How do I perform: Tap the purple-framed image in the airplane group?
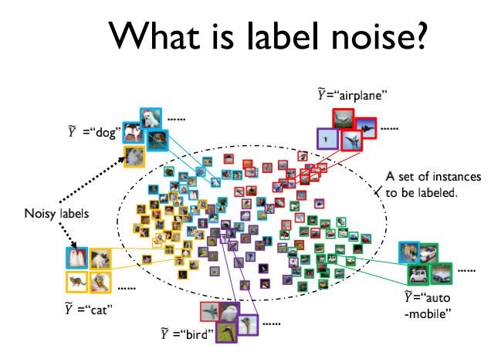[x=328, y=140]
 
